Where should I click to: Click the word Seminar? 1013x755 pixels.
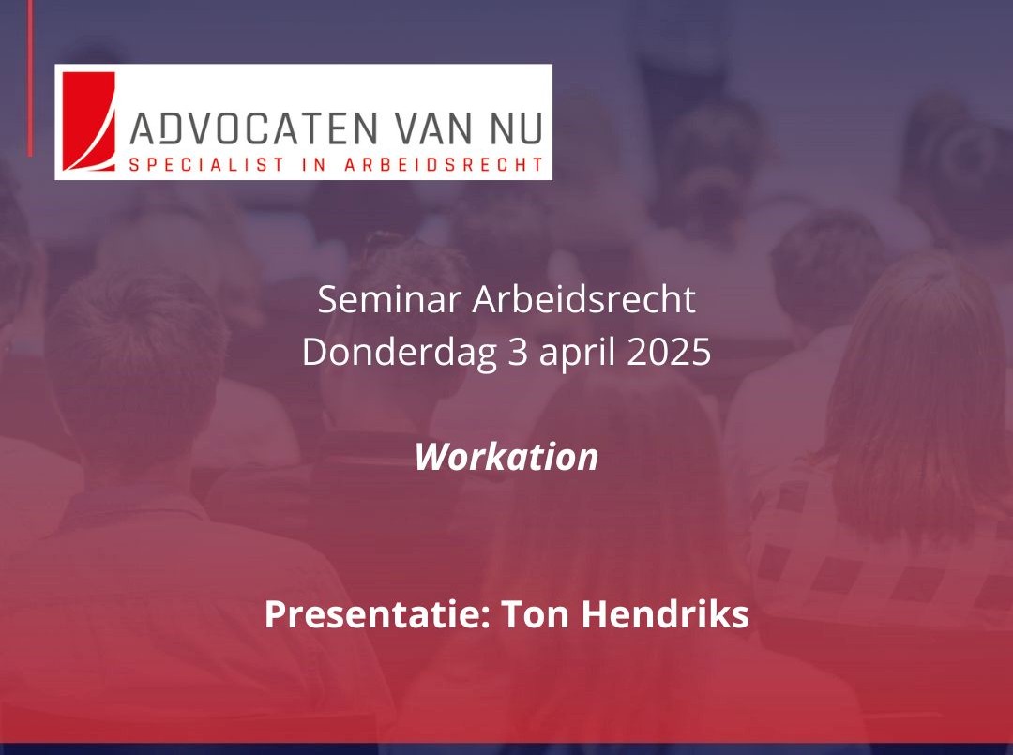point(389,300)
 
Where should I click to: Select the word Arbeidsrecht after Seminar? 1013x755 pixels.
point(583,300)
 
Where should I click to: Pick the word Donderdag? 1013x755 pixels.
point(398,353)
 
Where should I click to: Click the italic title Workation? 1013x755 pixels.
point(506,457)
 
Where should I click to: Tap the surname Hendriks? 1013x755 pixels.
point(665,615)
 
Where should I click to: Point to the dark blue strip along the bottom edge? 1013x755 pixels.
point(506,748)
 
